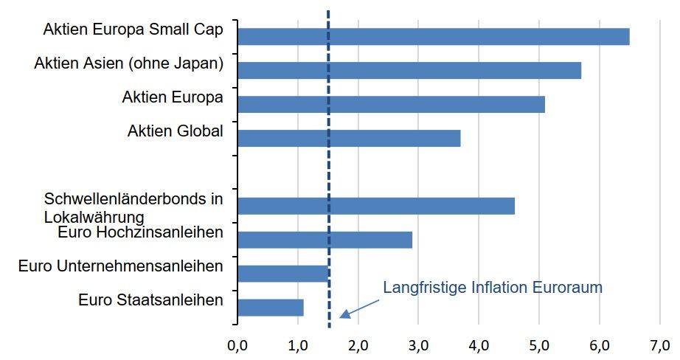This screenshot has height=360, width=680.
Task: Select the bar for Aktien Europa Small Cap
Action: click(x=433, y=36)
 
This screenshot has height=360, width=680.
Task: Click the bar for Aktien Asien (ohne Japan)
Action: click(x=409, y=70)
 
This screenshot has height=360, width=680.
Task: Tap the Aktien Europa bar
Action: click(x=391, y=104)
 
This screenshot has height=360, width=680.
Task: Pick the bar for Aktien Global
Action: click(x=349, y=138)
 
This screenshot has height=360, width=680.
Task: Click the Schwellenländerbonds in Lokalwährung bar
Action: click(x=376, y=206)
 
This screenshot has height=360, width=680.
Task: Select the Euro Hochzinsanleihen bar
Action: click(x=325, y=240)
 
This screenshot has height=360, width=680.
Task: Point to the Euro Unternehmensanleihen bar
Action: click(x=282, y=274)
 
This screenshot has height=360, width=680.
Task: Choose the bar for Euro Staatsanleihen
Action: click(x=270, y=308)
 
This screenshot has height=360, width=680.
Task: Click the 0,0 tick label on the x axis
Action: click(x=237, y=345)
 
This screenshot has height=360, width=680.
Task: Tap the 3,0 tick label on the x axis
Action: click(x=418, y=345)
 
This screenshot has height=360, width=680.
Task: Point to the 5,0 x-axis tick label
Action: click(x=539, y=345)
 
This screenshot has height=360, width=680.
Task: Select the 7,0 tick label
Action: click(x=659, y=345)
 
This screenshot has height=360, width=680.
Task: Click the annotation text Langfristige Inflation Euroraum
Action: click(x=493, y=288)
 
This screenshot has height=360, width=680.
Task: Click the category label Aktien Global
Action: click(x=175, y=131)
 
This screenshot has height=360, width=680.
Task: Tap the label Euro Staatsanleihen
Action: click(x=150, y=300)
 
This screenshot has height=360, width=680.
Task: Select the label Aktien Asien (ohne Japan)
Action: click(x=129, y=63)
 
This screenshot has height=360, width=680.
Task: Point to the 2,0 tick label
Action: click(x=358, y=345)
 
